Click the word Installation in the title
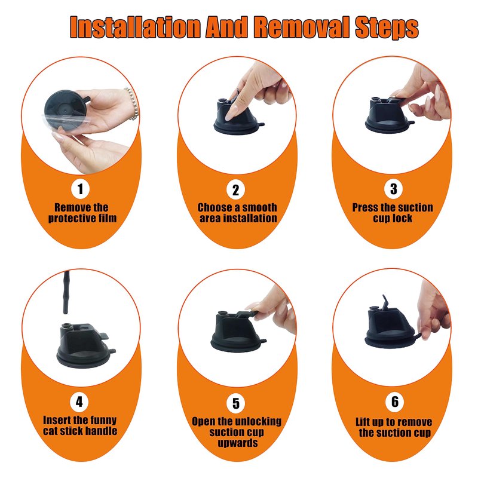tap(135, 27)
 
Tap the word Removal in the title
tap(302, 27)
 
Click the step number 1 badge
tap(80, 189)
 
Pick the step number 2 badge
tap(235, 189)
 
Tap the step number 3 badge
tap(393, 189)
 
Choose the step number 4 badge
tap(79, 402)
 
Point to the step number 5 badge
tap(236, 403)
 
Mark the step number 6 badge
tap(395, 402)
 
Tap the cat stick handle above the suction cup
tap(66, 292)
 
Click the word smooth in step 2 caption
tap(259, 207)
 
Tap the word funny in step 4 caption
tap(102, 421)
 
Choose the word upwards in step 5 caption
tap(237, 443)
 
